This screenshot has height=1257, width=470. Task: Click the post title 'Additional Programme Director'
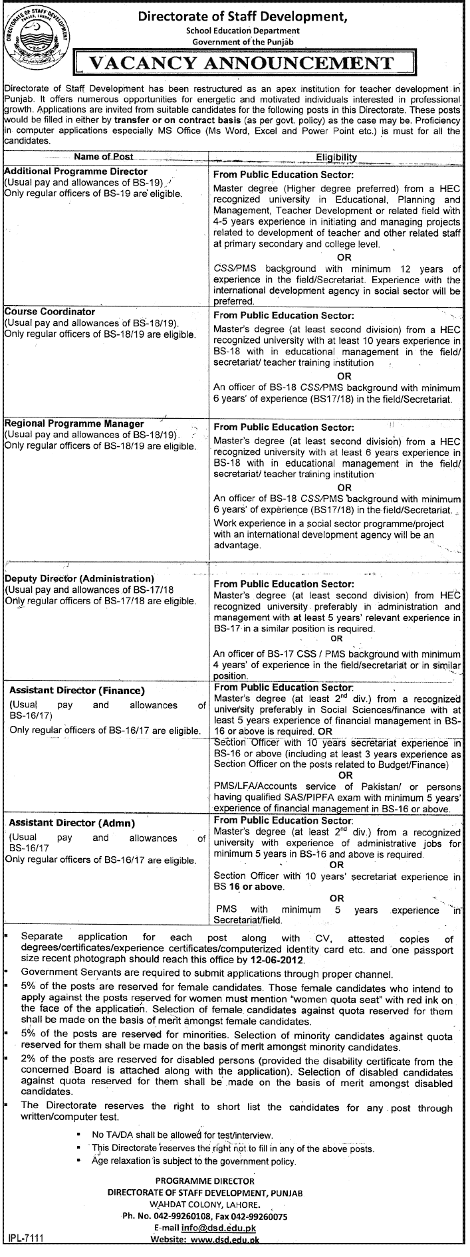[76, 171]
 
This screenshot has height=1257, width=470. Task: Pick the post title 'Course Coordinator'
[51, 311]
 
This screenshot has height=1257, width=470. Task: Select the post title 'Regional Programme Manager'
[74, 423]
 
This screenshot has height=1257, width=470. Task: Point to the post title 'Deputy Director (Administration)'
[80, 578]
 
